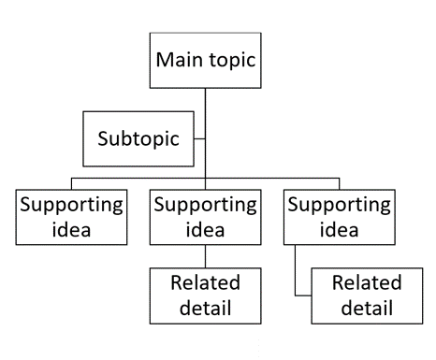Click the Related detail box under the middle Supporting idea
pyautogui.click(x=205, y=295)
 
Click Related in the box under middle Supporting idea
pyautogui.click(x=205, y=283)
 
